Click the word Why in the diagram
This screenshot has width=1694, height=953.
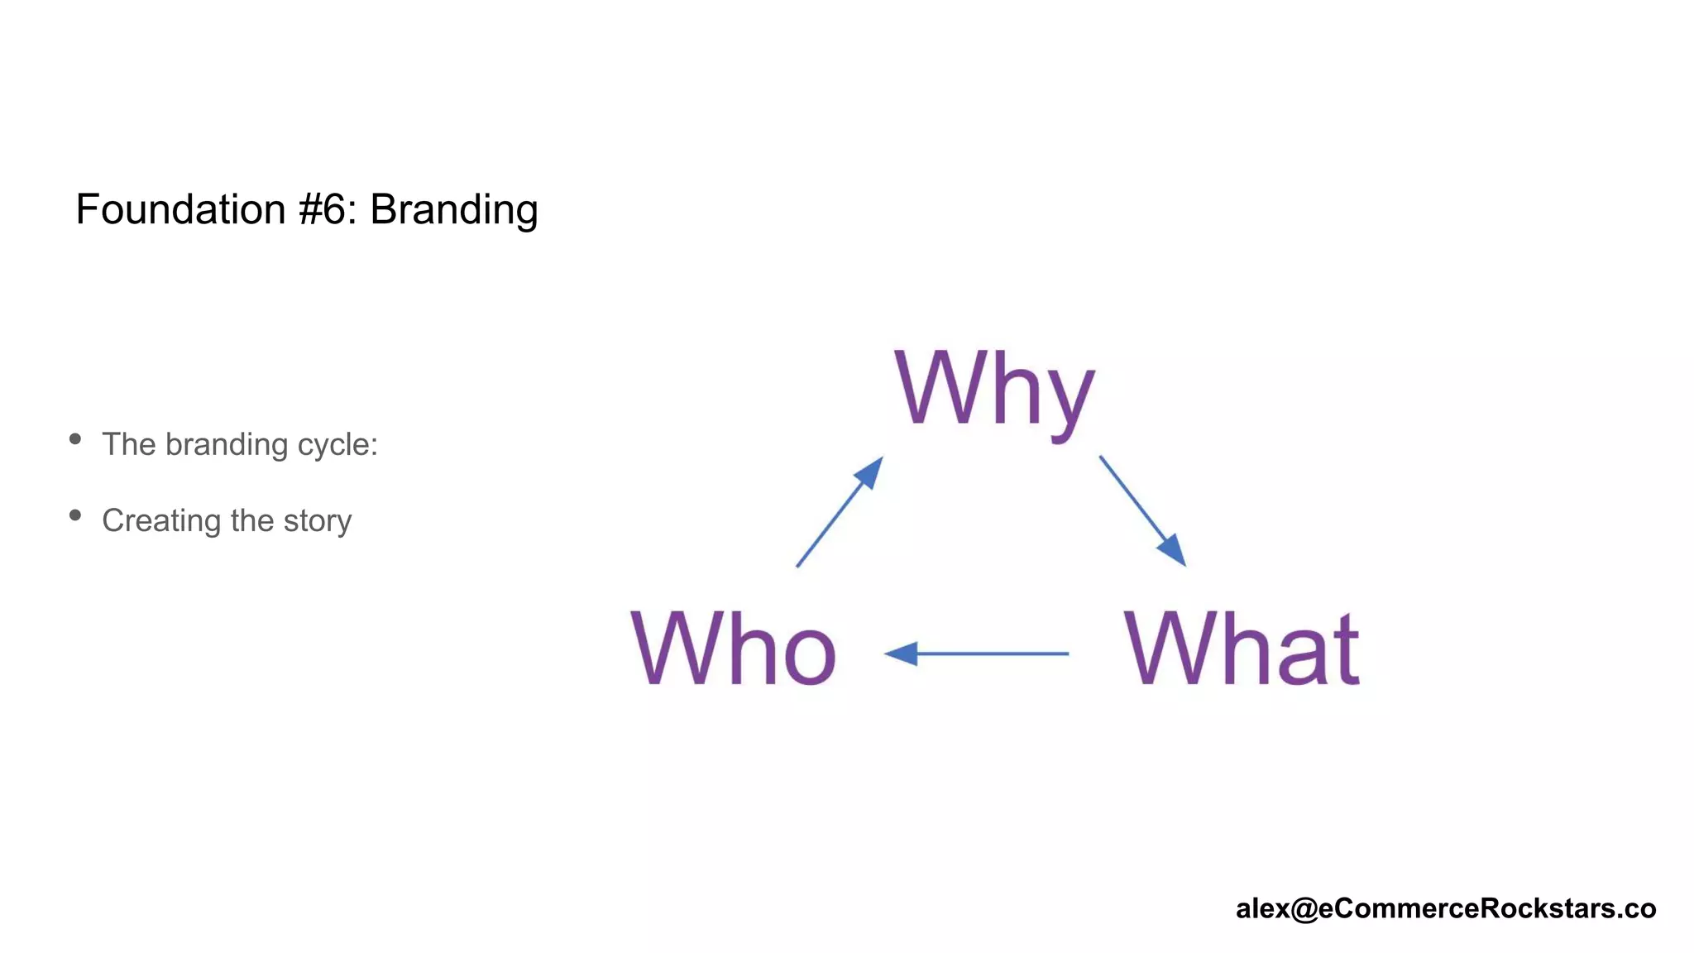coord(994,390)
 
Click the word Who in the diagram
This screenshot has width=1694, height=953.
coord(733,649)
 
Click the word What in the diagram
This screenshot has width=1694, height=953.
coord(1241,649)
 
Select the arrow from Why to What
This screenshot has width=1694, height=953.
coord(1141,510)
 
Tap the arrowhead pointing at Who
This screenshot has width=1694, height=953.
coord(902,654)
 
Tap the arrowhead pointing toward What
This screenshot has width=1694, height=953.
coord(1173,551)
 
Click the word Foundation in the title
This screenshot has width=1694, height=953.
coord(180,209)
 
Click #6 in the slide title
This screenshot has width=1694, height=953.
coord(328,209)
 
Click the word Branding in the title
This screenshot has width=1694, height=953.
coord(453,209)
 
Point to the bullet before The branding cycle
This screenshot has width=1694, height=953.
coord(75,439)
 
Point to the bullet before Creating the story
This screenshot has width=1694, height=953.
coord(75,515)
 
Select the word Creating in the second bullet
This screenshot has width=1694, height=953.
coord(161,521)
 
